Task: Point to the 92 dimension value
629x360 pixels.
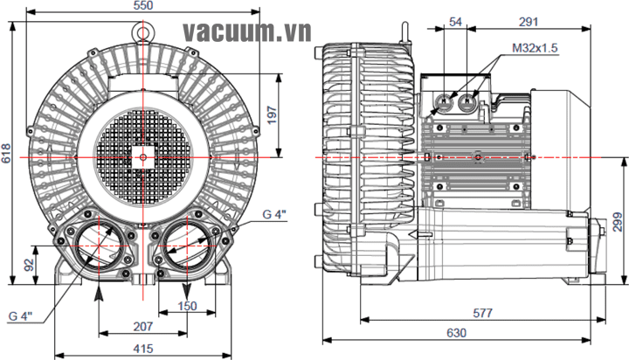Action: (29, 263)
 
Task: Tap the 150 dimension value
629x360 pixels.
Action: (187, 306)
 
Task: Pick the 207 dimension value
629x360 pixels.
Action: (144, 327)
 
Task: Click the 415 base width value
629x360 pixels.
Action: (144, 349)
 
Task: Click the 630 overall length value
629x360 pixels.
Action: (455, 333)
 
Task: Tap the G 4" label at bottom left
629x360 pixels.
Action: (26, 316)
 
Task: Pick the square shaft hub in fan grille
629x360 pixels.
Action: (143, 157)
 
